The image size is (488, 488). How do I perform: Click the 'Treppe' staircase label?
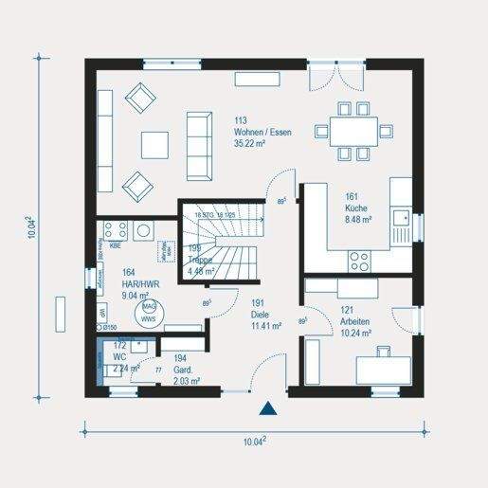[199, 259]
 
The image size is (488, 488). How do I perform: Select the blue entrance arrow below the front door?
[269, 409]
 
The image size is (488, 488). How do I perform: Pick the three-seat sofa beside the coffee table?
[199, 145]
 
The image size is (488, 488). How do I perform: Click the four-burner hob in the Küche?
[360, 258]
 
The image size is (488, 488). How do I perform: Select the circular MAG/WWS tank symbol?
[149, 313]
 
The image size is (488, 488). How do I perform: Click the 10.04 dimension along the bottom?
[253, 442]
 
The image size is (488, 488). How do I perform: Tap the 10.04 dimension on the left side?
[34, 226]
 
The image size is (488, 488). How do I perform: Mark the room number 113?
[241, 120]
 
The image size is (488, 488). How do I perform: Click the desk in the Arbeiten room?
[384, 367]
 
